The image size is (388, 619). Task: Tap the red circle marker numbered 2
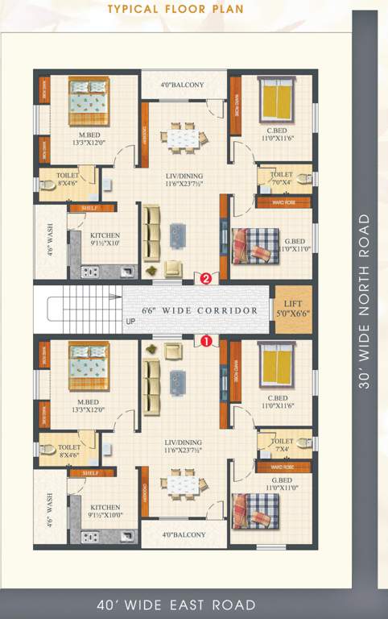206,279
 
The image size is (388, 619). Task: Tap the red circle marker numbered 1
206,341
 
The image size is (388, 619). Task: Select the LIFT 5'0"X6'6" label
294,309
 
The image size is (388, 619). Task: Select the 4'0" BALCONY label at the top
182,85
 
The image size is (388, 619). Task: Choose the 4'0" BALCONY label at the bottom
182,534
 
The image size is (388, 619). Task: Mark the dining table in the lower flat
180,485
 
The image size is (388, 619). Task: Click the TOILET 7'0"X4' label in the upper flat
282,178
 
